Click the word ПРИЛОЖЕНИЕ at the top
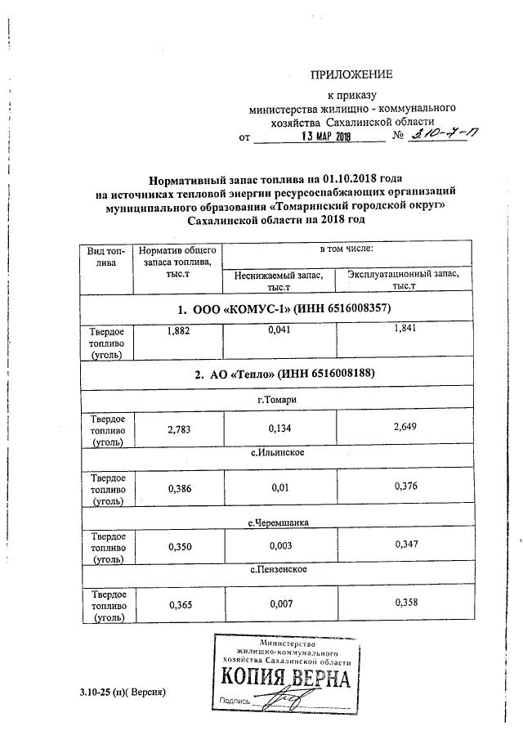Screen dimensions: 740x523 pos(351,74)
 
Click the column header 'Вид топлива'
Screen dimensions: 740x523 pos(106,256)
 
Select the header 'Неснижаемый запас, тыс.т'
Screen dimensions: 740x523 pos(279,281)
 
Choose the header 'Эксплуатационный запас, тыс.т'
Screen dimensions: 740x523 pos(404,280)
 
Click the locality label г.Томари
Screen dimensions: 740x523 pos(276,399)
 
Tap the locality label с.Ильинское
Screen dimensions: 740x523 pos(278,452)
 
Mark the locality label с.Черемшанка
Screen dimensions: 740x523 pos(278,521)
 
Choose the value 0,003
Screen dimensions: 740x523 pos(279,545)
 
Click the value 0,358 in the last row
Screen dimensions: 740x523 pos(406,603)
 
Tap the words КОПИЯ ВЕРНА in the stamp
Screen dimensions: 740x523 pos(284,678)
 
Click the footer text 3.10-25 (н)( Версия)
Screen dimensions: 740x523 pos(123,693)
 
